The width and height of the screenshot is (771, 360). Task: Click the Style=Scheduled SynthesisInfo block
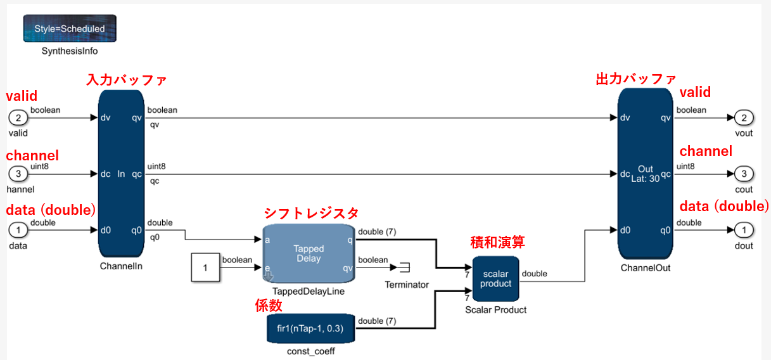point(70,29)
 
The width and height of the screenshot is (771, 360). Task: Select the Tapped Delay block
point(309,254)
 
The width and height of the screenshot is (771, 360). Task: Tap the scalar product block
point(495,279)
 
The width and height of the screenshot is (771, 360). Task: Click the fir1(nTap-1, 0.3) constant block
point(310,328)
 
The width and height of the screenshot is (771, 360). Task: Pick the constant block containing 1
point(205,267)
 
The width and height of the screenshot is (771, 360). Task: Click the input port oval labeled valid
point(18,118)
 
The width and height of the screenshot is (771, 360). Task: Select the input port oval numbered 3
point(18,174)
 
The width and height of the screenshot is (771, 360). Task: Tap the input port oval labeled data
point(18,230)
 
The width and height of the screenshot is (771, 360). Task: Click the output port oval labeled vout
point(744,118)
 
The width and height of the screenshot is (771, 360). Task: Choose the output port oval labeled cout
point(744,174)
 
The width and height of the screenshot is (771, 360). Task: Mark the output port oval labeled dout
point(744,230)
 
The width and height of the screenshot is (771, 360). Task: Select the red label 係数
point(268,305)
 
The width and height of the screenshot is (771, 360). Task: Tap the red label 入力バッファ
point(126,80)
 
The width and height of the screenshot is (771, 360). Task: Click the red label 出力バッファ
point(636,79)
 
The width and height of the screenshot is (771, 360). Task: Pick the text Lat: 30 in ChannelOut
point(646,179)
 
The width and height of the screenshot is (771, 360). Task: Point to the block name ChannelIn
point(121,266)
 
